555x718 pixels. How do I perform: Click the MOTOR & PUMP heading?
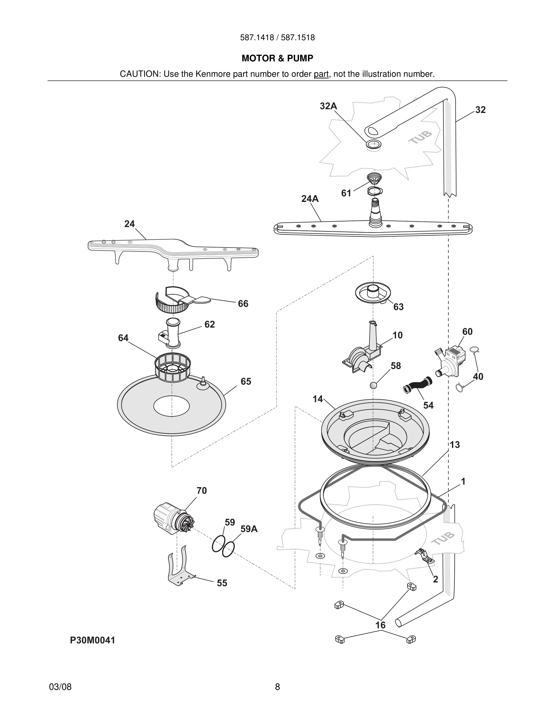(277, 58)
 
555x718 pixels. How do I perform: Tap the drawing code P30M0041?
(92, 640)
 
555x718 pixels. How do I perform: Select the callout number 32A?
(328, 106)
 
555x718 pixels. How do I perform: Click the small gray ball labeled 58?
(374, 385)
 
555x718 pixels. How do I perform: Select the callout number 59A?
(248, 529)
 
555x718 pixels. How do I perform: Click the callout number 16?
(380, 625)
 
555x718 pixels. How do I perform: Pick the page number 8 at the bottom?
(277, 687)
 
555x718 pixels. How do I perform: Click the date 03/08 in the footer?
(60, 687)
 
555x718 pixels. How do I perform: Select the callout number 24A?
(310, 199)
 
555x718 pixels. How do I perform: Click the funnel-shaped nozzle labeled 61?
(374, 179)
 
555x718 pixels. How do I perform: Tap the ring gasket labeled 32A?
(374, 144)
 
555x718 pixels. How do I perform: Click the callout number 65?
(245, 381)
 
